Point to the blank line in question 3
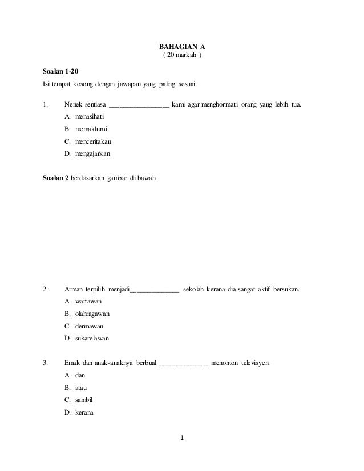coord(184,364)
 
